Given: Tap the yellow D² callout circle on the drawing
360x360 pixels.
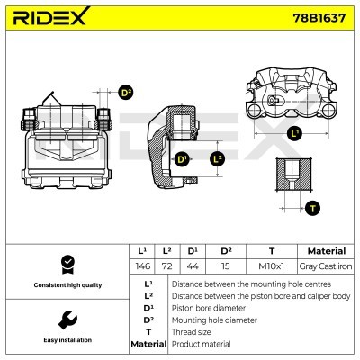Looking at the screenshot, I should tap(125, 92).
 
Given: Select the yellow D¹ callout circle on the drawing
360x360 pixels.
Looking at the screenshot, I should tap(182, 159).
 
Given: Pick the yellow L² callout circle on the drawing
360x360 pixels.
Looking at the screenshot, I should tap(215, 159).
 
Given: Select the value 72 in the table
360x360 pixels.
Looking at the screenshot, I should tap(166, 267).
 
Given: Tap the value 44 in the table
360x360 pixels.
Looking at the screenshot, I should tap(192, 267).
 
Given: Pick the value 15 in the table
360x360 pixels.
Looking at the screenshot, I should tap(225, 267).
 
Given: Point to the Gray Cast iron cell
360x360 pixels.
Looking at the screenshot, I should tap(325, 267).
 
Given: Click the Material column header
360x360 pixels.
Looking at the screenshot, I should tap(325, 251).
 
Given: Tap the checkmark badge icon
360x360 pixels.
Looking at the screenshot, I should tap(66, 264).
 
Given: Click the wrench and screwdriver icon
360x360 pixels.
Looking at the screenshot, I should tap(66, 319).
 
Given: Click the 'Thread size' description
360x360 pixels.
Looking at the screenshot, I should tap(193, 332).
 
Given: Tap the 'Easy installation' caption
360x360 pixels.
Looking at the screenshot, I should tap(66, 341).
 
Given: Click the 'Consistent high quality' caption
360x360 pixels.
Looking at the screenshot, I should tap(66, 284).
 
